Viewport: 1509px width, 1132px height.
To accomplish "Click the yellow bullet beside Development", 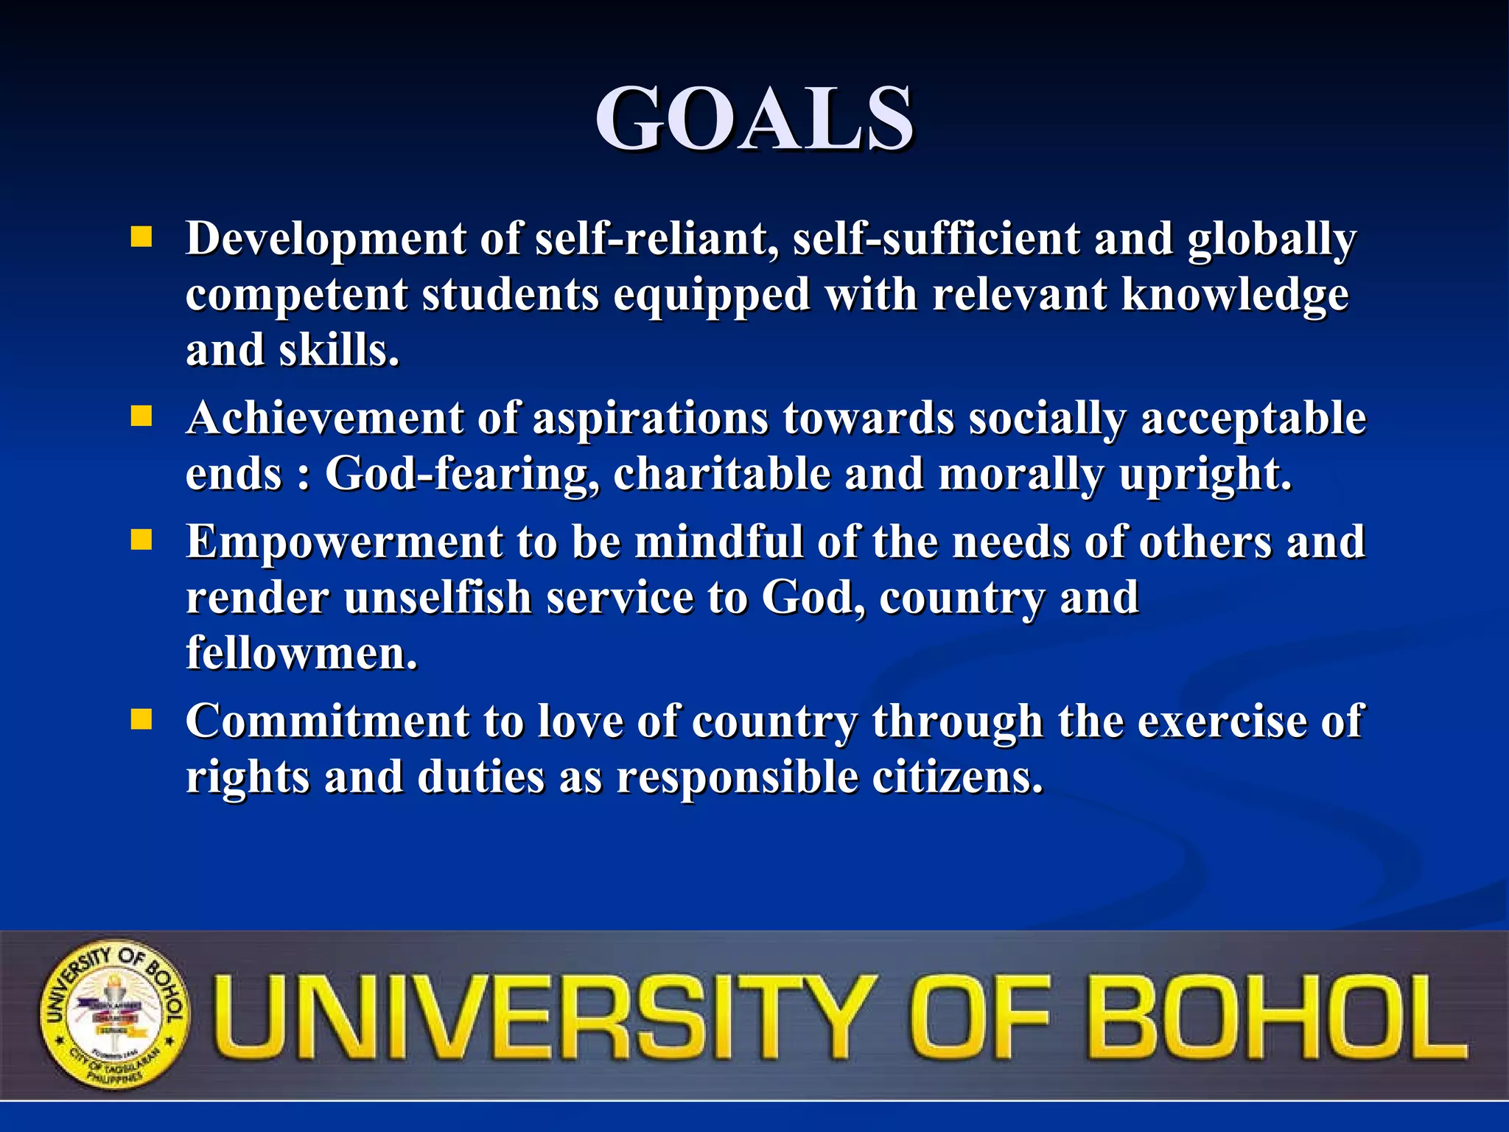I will point(141,237).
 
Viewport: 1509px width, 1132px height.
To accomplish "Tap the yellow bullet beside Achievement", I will point(141,417).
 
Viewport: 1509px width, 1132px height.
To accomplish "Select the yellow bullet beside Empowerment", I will point(141,541).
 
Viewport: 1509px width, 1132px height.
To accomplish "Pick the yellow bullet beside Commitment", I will point(141,719).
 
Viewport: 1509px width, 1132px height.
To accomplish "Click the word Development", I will point(326,239).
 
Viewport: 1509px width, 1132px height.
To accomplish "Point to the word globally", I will point(1271,240).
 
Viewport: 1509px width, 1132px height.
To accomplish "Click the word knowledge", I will point(1235,295).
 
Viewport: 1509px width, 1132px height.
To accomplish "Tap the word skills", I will point(339,350).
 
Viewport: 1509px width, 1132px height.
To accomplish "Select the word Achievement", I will point(325,418).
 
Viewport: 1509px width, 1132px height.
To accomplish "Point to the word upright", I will point(1205,474).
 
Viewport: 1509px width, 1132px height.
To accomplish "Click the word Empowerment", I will point(344,542).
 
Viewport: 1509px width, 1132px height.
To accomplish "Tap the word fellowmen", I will point(301,653).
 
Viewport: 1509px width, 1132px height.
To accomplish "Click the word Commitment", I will point(327,721).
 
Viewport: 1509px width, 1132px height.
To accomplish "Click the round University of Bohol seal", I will point(115,1015).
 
